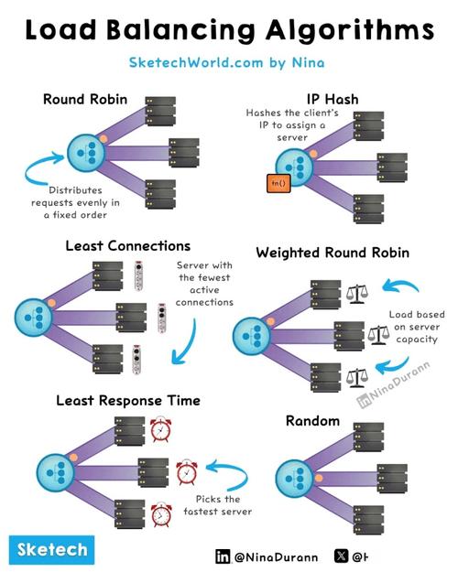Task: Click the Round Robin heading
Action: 85,99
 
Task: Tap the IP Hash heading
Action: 333,99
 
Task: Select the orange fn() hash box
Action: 278,183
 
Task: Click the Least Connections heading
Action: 128,246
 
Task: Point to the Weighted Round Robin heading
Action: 333,253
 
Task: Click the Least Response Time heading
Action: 128,401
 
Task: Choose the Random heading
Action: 312,421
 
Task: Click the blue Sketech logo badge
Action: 52,550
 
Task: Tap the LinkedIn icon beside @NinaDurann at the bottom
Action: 223,556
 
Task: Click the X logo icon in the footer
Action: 342,556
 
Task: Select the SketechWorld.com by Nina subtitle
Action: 226,63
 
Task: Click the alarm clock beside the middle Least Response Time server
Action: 187,472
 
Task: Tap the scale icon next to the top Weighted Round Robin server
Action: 357,294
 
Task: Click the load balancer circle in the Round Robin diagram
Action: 86,153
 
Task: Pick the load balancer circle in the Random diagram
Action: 294,479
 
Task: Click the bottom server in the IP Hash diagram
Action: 369,209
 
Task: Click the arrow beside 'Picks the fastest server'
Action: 228,473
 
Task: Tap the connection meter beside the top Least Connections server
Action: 138,275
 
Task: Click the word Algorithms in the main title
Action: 350,30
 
